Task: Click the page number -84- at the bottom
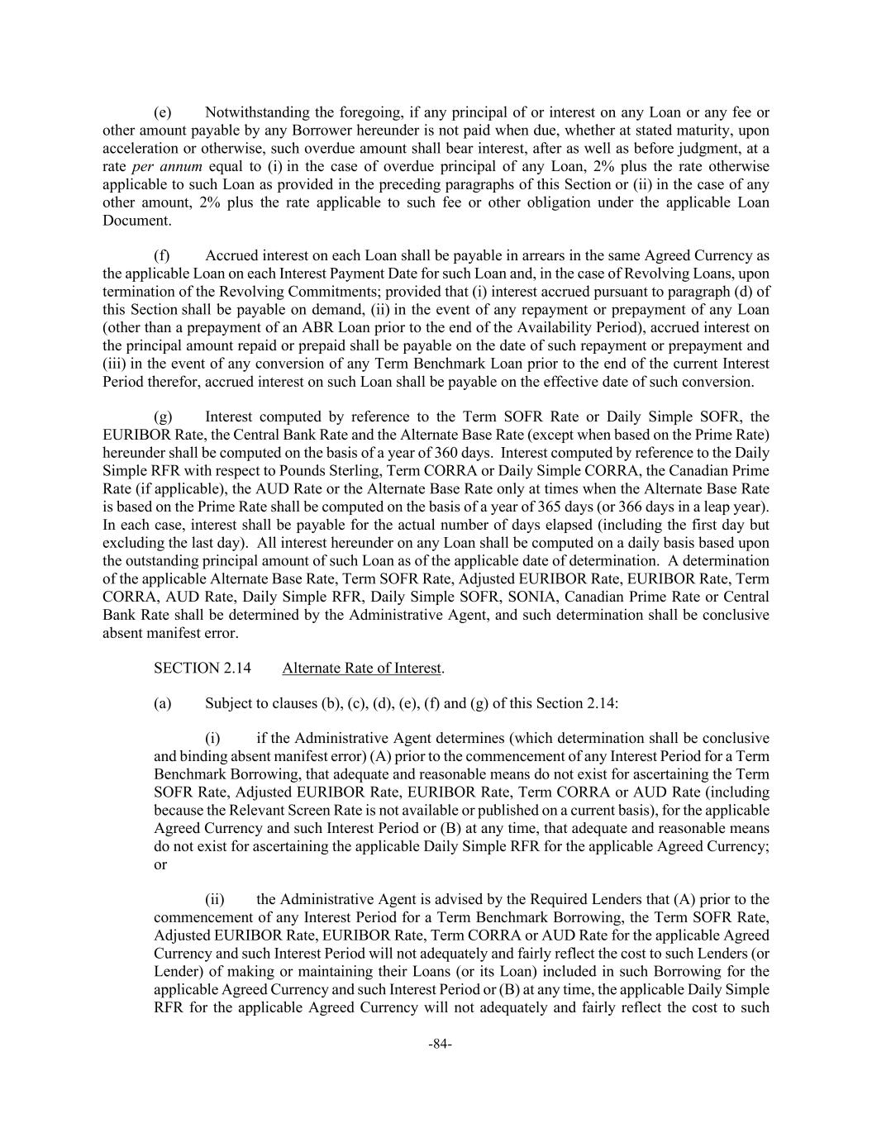440,1044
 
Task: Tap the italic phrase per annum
167,166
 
